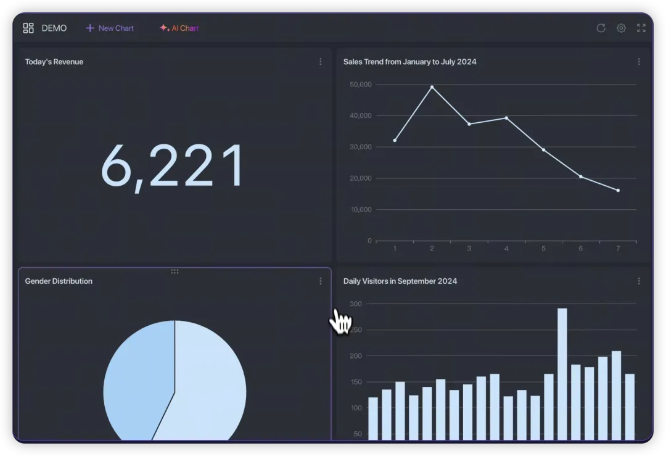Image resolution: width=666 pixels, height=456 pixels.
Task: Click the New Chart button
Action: [110, 28]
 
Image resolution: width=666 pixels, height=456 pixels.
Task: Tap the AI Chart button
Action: [179, 28]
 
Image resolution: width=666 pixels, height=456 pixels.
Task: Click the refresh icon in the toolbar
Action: [601, 28]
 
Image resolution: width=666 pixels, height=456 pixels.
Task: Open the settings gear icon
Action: [621, 28]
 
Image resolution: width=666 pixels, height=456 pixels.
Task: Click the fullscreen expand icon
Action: [641, 28]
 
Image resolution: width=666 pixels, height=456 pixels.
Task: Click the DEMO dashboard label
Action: [54, 28]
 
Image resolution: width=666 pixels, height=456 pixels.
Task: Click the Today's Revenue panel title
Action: [54, 62]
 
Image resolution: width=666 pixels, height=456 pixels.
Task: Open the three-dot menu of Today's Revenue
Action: [320, 62]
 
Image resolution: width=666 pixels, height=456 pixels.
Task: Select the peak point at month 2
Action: [432, 87]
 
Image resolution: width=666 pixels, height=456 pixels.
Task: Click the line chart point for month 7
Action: [618, 190]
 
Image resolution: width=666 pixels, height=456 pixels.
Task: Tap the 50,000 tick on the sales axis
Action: [360, 85]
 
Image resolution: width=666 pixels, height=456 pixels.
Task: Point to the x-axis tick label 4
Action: [506, 249]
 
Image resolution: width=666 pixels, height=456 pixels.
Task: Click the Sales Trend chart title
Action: [409, 62]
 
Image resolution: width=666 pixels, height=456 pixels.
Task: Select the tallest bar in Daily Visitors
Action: [562, 370]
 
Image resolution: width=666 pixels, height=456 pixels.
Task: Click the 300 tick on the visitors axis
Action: [356, 304]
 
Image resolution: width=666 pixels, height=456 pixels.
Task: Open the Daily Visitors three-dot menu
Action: [639, 281]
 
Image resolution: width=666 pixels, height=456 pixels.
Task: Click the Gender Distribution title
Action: [59, 281]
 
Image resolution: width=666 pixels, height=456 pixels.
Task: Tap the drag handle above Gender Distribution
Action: [175, 272]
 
